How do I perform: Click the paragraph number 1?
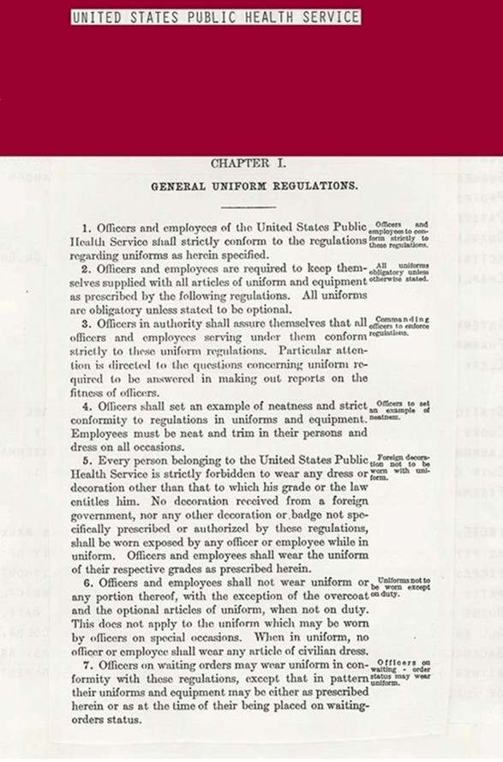pos(87,229)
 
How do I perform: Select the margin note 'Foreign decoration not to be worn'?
pos(399,468)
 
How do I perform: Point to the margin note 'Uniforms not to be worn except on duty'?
pos(399,586)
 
